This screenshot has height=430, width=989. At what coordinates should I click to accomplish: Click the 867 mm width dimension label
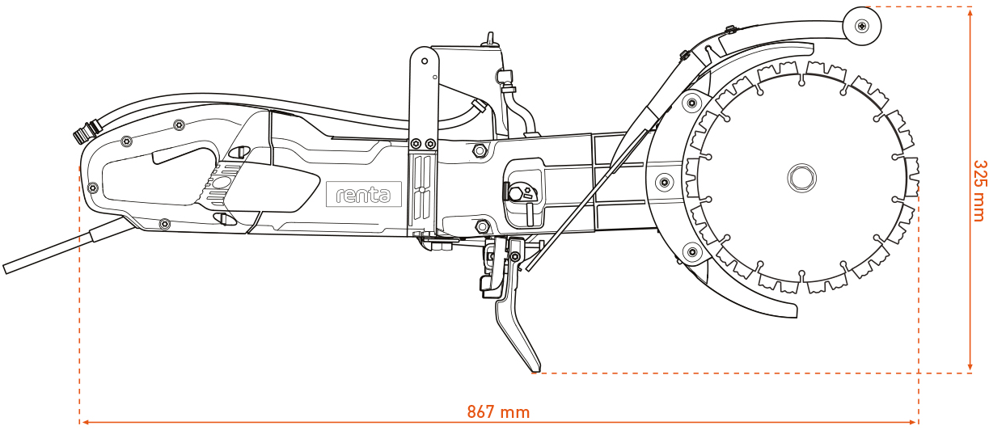(x=498, y=412)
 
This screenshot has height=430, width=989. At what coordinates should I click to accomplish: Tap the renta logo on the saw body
(x=364, y=194)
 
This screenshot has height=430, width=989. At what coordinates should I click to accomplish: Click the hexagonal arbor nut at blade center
(x=801, y=177)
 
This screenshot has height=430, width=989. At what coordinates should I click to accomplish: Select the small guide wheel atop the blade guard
(x=863, y=26)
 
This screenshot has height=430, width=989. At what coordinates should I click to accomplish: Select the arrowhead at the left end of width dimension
(x=84, y=421)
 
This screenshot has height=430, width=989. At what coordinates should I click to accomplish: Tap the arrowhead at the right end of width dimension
(x=914, y=421)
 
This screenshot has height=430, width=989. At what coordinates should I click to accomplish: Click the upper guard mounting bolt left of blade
(x=691, y=103)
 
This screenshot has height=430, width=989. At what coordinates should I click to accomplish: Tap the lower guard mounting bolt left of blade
(x=691, y=252)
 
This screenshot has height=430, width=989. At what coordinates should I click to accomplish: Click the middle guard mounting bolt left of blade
(x=665, y=179)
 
